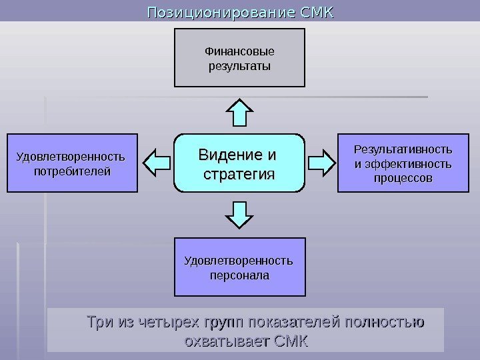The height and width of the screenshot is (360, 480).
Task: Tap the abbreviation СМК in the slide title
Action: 316,12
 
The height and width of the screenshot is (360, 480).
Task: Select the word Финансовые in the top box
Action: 239,51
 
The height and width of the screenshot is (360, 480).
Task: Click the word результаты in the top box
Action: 239,67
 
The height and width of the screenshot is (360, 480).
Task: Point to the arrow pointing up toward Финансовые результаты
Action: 239,111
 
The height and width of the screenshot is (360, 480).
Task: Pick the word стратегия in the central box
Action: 239,175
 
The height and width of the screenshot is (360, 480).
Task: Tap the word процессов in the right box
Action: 402,179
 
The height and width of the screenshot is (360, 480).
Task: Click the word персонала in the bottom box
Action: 239,274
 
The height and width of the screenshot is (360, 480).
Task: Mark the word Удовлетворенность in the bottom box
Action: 239,260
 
